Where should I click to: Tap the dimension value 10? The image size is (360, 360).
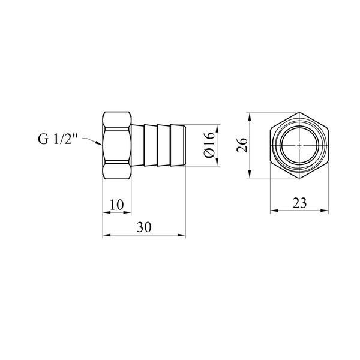(117, 205)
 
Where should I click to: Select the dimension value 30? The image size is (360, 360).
(144, 227)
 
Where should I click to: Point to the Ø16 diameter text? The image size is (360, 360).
(209, 145)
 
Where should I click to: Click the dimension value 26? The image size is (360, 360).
(242, 145)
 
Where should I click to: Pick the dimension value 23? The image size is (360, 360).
(299, 203)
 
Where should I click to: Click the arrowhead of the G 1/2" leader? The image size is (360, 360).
(99, 143)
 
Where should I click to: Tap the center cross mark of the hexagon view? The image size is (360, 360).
(299, 145)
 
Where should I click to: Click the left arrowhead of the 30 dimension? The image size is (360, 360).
(107, 235)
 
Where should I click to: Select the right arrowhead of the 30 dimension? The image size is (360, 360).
(181, 235)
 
